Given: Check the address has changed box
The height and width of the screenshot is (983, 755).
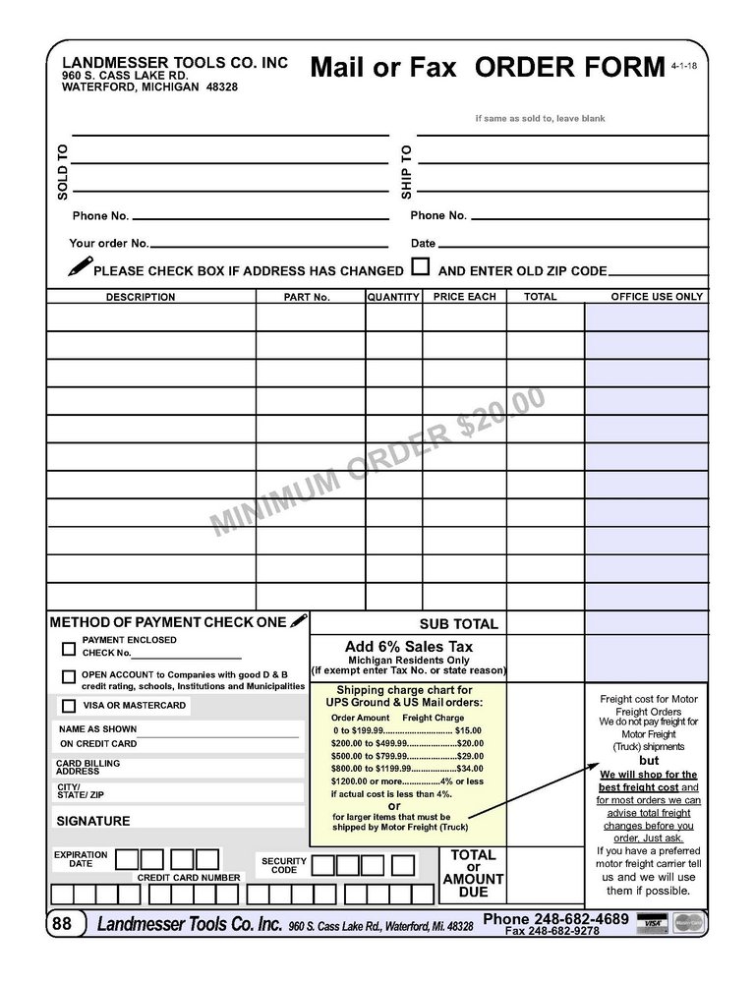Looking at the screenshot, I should click(421, 266).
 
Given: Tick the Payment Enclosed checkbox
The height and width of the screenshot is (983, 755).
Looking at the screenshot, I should click(69, 649).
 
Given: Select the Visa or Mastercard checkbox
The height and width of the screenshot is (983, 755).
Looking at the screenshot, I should click(69, 706).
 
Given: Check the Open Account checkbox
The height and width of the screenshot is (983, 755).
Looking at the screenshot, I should click(69, 676).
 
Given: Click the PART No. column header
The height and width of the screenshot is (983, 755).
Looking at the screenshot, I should click(307, 297).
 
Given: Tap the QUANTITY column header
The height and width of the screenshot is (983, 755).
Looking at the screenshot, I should click(393, 297).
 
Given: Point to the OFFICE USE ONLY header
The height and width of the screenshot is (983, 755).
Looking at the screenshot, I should click(657, 297).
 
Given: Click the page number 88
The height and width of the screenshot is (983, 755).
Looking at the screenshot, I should click(62, 923).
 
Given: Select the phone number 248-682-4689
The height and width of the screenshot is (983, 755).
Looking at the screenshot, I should click(556, 919).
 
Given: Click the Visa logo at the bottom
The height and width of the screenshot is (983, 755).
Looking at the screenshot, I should click(651, 923).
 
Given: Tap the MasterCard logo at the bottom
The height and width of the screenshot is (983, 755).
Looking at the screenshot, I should click(689, 923).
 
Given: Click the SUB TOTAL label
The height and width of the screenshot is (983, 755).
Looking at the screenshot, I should click(458, 624).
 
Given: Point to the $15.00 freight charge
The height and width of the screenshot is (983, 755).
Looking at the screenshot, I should click(468, 730).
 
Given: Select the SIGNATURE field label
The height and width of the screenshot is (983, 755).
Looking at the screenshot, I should click(93, 821).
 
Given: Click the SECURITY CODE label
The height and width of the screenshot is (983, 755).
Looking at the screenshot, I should click(283, 865).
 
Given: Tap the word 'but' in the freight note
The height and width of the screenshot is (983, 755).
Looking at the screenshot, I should click(649, 761).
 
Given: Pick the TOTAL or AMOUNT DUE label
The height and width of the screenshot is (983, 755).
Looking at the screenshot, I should click(473, 874).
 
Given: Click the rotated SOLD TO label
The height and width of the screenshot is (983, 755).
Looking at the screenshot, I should click(63, 172).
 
